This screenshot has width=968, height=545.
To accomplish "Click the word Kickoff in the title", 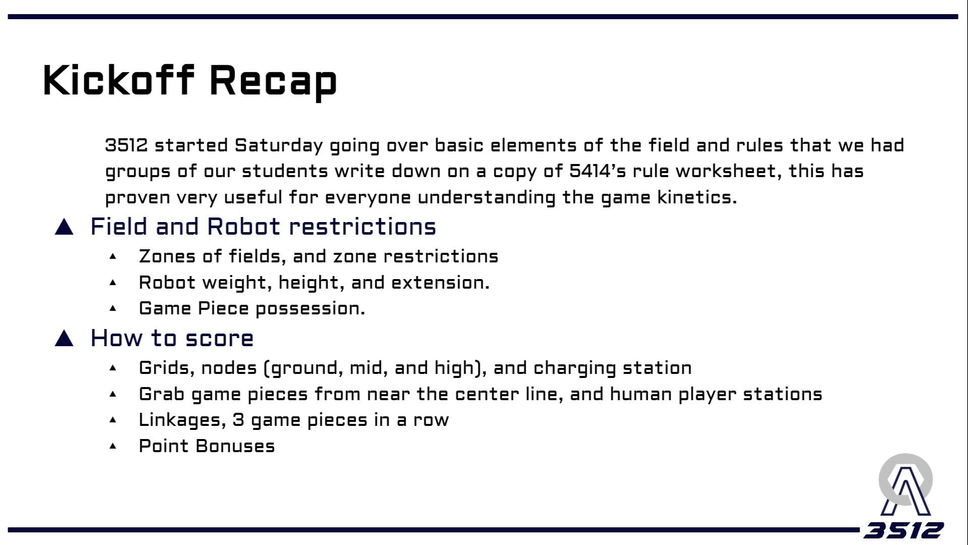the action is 119,80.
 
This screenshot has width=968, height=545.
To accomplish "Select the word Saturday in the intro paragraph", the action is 278,146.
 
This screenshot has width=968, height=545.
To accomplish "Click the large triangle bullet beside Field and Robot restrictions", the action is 64,227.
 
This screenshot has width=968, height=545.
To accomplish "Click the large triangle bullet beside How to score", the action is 64,338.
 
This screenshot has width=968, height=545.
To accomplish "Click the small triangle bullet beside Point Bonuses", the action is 113,446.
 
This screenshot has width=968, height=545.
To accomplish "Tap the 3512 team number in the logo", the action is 903,530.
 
